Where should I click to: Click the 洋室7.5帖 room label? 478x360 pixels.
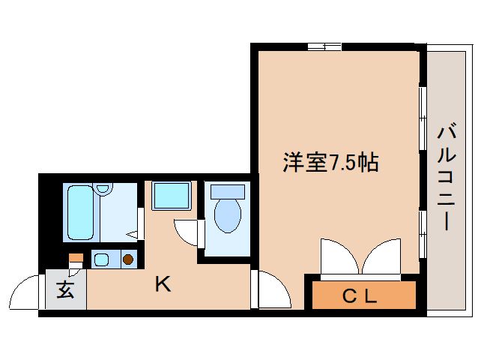click(330, 162)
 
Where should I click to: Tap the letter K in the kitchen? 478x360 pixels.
click(163, 284)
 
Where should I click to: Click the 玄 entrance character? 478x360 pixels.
click(66, 290)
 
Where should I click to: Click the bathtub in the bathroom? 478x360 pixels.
click(79, 211)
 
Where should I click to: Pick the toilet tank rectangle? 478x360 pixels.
click(228, 192)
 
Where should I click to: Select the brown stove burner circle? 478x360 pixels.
click(127, 260)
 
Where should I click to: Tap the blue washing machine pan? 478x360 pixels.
click(172, 196)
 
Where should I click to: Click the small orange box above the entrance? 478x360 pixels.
click(75, 258)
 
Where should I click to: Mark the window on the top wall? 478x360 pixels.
click(324, 46)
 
